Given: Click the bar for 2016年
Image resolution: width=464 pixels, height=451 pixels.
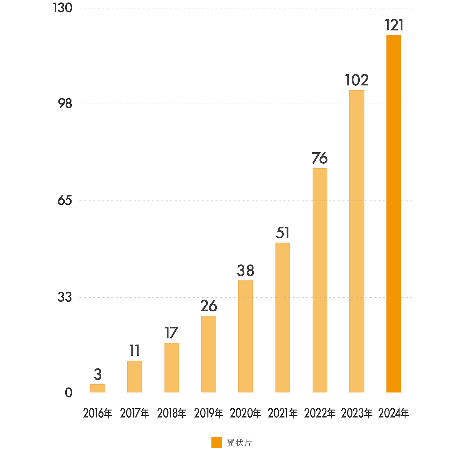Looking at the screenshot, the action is click(x=98, y=388).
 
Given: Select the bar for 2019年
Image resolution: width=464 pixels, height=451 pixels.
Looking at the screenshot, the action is click(x=209, y=354).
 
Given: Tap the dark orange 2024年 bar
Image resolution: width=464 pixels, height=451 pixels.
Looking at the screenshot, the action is click(x=394, y=214).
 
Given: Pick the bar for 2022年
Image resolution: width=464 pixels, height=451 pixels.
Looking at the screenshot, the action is click(x=320, y=280).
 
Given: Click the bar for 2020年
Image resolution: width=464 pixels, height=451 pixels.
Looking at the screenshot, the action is click(x=245, y=336).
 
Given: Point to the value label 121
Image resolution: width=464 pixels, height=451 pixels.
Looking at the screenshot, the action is click(x=394, y=25).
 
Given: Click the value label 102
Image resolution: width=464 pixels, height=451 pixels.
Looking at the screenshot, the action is click(x=357, y=80).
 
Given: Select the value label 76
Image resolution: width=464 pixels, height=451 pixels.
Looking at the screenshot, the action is click(x=320, y=158).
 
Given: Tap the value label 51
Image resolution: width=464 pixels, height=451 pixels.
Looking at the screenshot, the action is click(x=283, y=233).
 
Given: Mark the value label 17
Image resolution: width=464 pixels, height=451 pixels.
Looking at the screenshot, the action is click(x=171, y=333).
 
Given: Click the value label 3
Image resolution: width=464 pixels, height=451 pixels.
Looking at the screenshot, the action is click(x=98, y=374).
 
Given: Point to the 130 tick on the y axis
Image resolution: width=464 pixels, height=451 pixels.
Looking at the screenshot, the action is click(x=62, y=8).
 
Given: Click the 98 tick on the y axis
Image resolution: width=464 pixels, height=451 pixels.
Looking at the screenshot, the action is click(x=65, y=104).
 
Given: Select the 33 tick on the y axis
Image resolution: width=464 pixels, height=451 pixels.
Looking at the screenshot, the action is click(x=65, y=297).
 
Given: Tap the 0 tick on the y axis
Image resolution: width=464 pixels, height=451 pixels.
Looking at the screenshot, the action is click(x=69, y=393).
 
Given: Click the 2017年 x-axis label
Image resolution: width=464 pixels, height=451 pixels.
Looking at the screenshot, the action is click(x=134, y=413).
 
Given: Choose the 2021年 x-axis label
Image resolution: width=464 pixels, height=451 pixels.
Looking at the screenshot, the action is click(x=283, y=413).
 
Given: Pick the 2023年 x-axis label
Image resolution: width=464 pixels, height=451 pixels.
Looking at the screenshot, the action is click(x=357, y=413).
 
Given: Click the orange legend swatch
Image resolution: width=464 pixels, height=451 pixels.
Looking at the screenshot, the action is click(x=217, y=443).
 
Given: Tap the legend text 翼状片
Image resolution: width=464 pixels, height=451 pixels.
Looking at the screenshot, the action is click(x=239, y=443).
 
